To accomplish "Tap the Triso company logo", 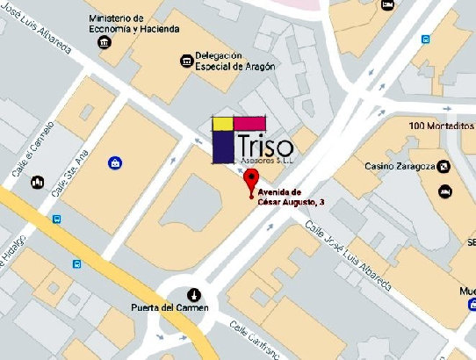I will pyautogui.click(x=251, y=140).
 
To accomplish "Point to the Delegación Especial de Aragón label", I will pyautogui.click(x=235, y=61).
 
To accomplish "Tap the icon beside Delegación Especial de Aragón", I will pyautogui.click(x=185, y=61).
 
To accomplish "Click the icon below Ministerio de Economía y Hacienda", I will pyautogui.click(x=106, y=43).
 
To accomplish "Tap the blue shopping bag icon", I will pyautogui.click(x=115, y=162).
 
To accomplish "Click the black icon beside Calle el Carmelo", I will pyautogui.click(x=38, y=183).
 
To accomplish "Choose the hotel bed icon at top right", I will pyautogui.click(x=388, y=4).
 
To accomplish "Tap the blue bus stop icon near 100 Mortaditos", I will pyautogui.click(x=426, y=40).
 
